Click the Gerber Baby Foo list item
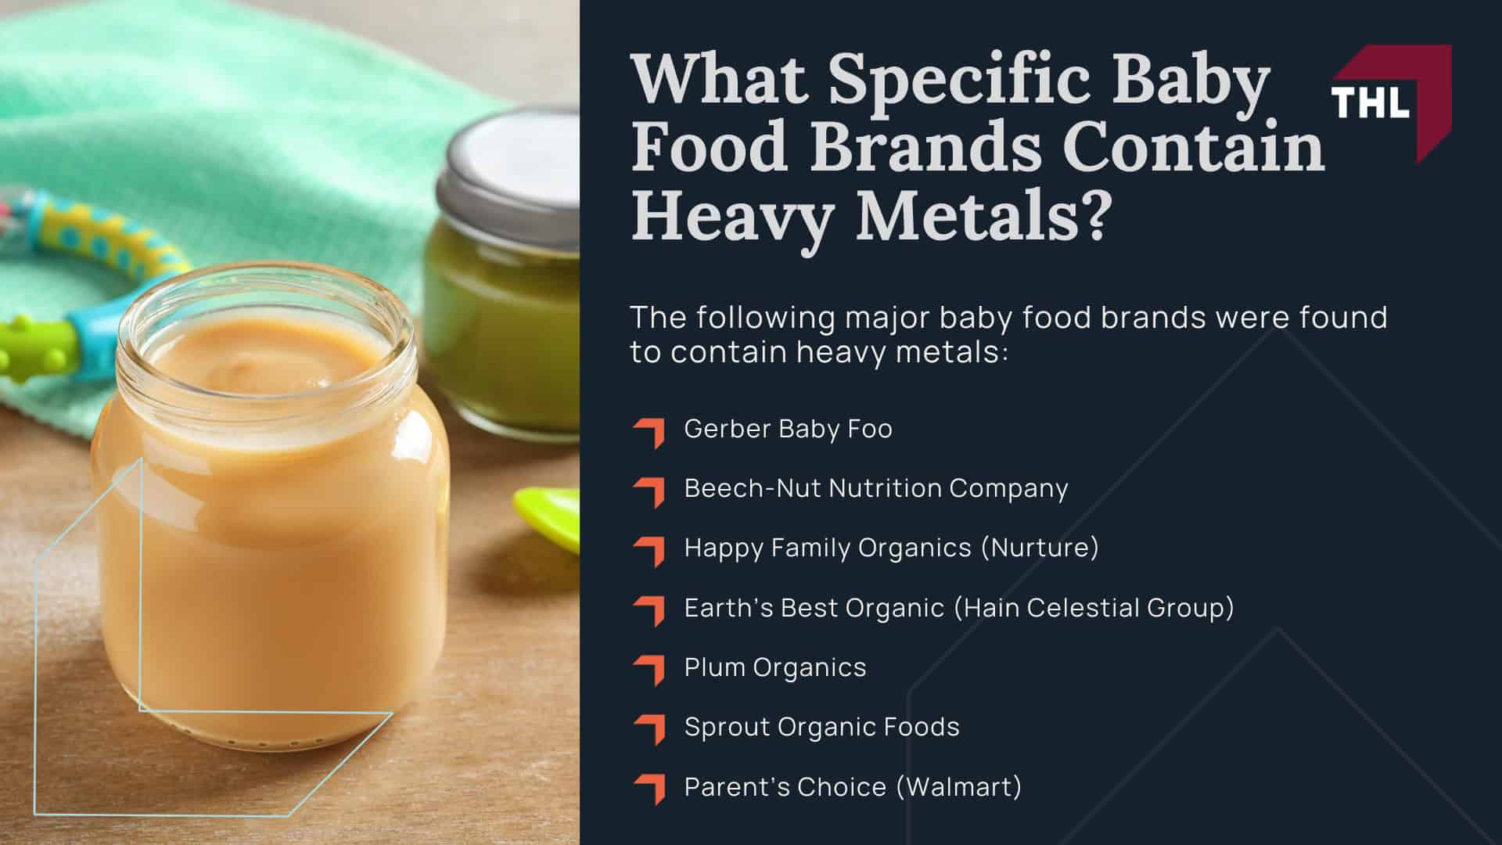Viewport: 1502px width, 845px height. [x=788, y=429]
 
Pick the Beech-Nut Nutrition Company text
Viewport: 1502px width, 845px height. [x=876, y=488]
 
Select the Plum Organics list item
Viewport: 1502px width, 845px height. [x=775, y=667]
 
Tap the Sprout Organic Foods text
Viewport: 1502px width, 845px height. [x=821, y=727]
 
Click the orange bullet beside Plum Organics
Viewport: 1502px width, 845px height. [x=650, y=670]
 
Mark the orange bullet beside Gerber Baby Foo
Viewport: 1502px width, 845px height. [x=650, y=431]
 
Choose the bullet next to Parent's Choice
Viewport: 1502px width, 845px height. [x=650, y=789]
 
